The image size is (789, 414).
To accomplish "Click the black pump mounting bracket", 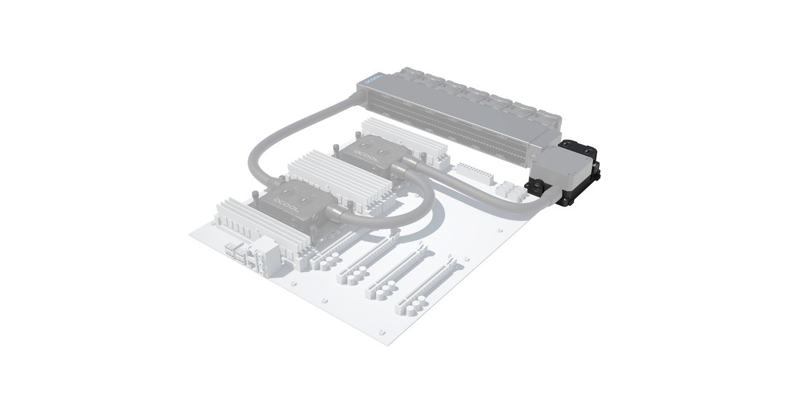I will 579,174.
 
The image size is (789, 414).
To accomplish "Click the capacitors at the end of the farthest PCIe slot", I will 408,306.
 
